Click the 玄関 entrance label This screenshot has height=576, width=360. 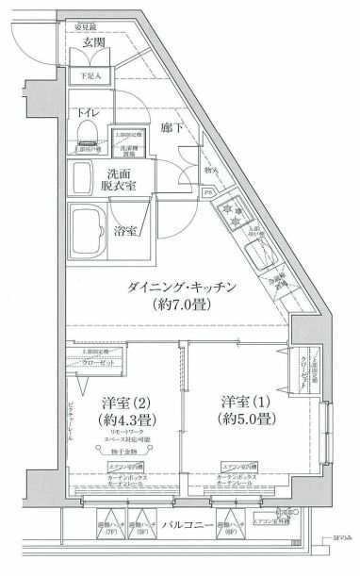[x=92, y=42]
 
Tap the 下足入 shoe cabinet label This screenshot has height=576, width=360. [x=91, y=74]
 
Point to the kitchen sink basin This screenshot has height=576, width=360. [x=255, y=254]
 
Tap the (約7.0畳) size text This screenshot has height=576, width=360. [x=178, y=305]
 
